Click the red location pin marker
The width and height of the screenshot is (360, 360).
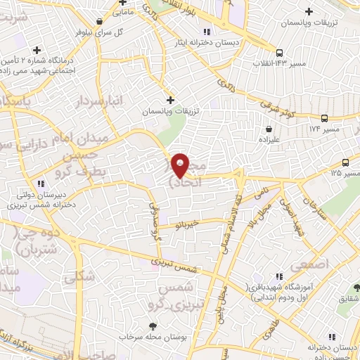[x=181, y=166]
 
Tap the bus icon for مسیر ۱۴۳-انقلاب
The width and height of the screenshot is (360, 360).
[x=280, y=53]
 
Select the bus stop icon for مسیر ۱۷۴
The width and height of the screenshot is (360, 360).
[x=323, y=118]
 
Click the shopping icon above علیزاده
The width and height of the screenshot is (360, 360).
[x=271, y=129]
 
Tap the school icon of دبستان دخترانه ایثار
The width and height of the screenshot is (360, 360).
[x=206, y=32]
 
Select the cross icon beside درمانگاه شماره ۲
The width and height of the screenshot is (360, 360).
[x=37, y=49]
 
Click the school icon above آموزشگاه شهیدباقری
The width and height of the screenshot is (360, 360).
[x=279, y=276]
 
